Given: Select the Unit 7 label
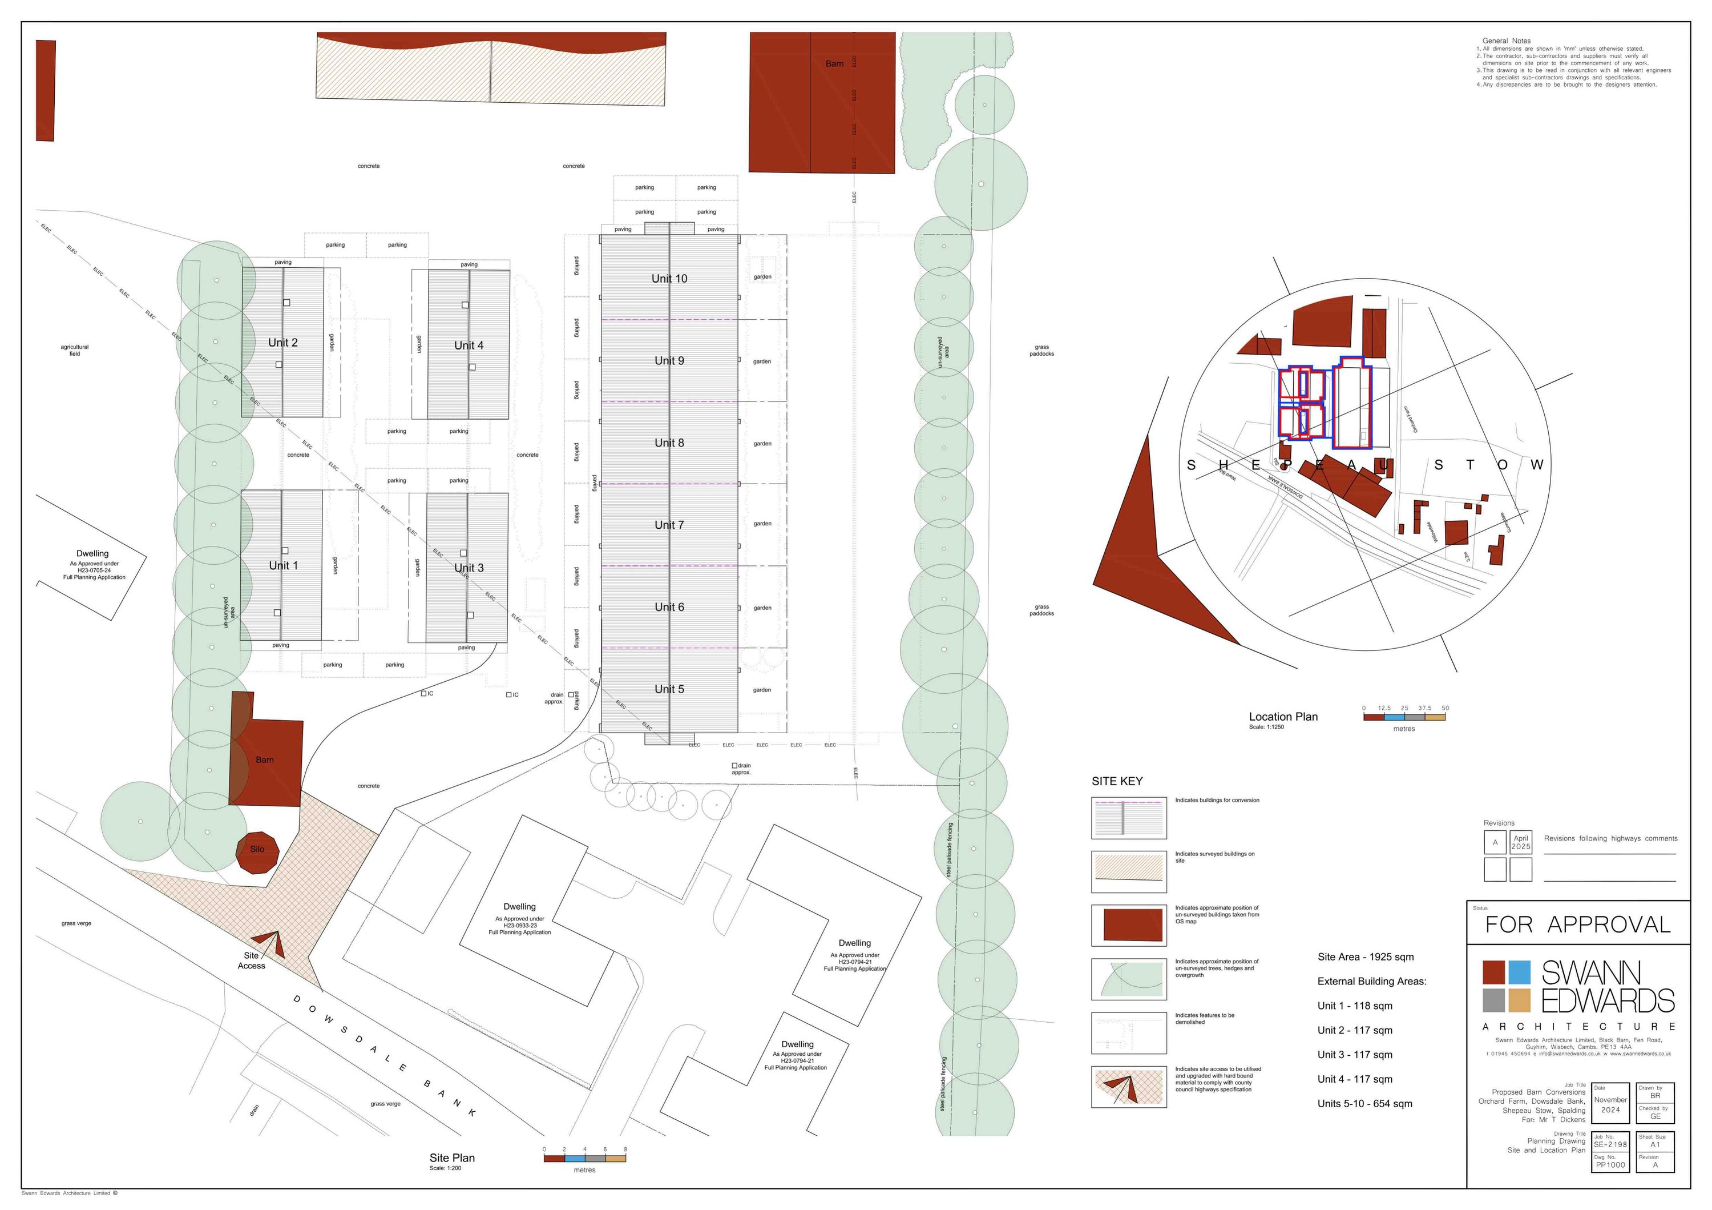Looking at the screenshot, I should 669,525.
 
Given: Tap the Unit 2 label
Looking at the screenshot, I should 282,343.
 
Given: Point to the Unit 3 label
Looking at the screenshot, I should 469,568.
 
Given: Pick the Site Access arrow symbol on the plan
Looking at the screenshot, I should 270,944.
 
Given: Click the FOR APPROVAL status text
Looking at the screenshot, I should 1577,925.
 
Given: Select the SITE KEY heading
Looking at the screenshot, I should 1117,781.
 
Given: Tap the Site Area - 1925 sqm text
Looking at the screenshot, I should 1365,957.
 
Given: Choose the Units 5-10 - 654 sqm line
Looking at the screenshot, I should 1364,1104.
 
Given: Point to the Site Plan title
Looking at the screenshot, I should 452,1158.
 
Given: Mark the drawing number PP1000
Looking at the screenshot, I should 1610,1165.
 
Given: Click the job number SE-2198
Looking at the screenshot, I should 1610,1144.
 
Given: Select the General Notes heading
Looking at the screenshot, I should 1506,41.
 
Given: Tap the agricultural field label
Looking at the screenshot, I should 75,350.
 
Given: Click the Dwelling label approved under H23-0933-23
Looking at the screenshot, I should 520,907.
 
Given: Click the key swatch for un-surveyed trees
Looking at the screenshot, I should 1129,979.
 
